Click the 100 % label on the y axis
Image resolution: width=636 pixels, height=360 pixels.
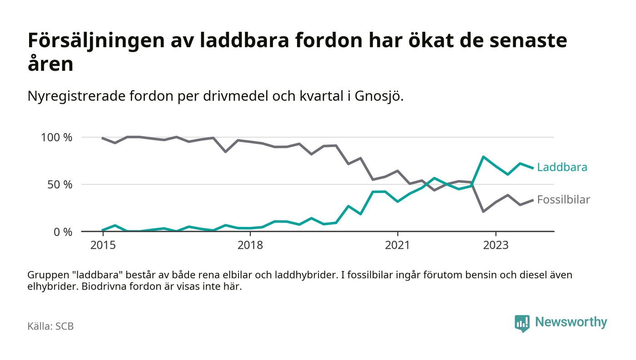(x=57, y=137)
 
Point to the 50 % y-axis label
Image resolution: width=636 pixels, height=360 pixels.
(x=60, y=184)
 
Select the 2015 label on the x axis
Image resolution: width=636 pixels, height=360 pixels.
(x=103, y=245)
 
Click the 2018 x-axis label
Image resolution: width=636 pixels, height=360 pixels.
(x=250, y=245)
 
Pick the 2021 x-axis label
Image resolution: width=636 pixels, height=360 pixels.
(x=397, y=245)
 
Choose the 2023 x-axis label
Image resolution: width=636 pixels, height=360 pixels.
(x=496, y=245)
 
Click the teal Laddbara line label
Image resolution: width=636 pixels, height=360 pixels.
(x=562, y=167)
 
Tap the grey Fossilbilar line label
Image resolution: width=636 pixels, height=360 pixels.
(x=563, y=199)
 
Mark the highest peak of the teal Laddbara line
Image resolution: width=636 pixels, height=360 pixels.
(x=483, y=157)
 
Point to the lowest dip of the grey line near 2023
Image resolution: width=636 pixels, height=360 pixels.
(x=483, y=212)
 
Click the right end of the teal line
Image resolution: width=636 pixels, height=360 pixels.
(x=532, y=168)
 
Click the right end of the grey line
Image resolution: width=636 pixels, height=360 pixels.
(x=532, y=200)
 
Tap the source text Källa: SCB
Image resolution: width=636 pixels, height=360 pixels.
(x=50, y=326)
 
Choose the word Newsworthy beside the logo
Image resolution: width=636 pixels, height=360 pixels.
(x=571, y=322)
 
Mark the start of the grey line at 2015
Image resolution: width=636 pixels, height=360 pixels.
(x=103, y=138)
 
